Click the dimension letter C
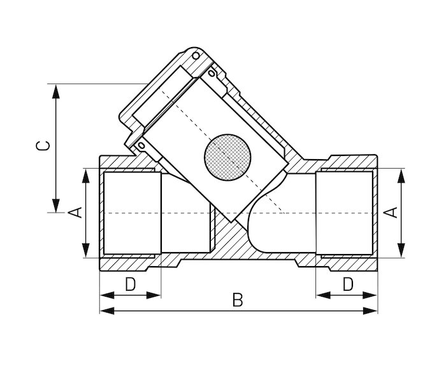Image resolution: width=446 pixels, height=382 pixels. point(43,146)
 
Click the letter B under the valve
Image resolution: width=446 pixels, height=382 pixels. point(238,300)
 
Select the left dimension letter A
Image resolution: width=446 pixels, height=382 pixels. point(75,213)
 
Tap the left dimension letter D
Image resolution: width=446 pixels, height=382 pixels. point(130,284)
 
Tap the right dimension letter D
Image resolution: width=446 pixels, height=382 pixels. point(348,284)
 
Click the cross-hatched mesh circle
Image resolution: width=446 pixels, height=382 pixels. point(227,157)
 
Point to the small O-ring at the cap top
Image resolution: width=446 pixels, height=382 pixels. point(196,56)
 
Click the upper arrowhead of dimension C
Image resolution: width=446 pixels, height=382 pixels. point(56,92)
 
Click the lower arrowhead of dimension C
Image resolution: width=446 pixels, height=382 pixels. point(56,205)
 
